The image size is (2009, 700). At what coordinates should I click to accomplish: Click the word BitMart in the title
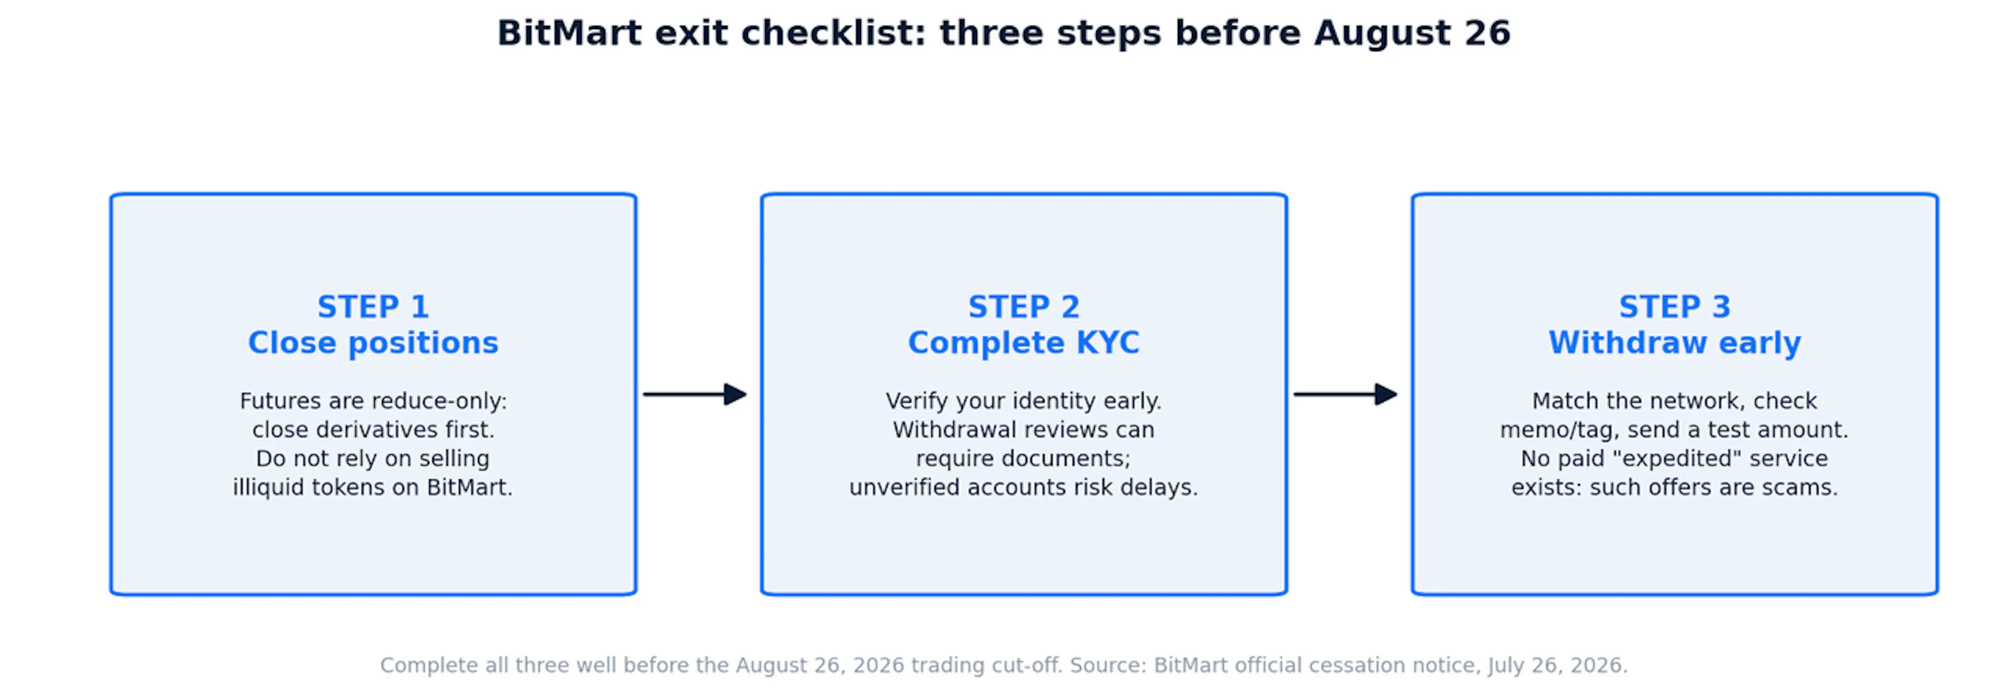click(x=569, y=33)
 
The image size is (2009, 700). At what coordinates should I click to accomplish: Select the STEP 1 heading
click(x=373, y=307)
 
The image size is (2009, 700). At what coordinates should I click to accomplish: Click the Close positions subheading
click(x=373, y=342)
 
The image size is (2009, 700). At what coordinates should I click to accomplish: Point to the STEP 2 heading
click(x=1023, y=307)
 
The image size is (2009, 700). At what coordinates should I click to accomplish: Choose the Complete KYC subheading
click(x=1023, y=342)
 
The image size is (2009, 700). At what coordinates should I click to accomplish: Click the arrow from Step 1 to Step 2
click(x=695, y=394)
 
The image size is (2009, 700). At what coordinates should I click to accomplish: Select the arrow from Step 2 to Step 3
click(x=1345, y=394)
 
